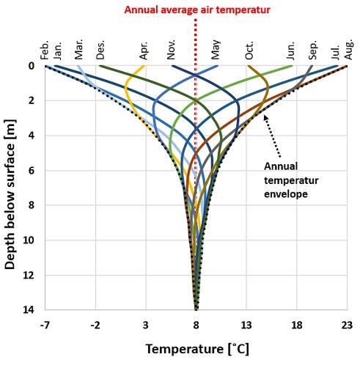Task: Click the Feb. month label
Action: coord(45,51)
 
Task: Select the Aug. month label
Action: coord(349,49)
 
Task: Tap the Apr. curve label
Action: coord(144,51)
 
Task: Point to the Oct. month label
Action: coord(249,51)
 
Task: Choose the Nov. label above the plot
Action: coord(171,50)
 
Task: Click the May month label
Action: coord(216,50)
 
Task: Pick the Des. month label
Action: coord(100,50)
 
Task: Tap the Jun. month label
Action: coord(291,51)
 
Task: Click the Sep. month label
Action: coord(312,50)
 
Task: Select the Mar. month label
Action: coord(78,49)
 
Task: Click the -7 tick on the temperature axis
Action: coord(45,325)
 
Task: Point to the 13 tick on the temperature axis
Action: coord(246,325)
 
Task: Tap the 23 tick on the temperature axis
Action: coord(347,325)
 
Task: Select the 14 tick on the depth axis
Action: coord(30,310)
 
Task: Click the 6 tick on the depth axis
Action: coord(32,171)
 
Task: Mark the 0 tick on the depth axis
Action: coord(32,66)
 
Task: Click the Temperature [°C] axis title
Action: coord(197,349)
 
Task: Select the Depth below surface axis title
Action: coord(10,194)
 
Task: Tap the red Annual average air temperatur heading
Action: coord(197,10)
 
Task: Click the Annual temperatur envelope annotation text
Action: coord(291,180)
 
